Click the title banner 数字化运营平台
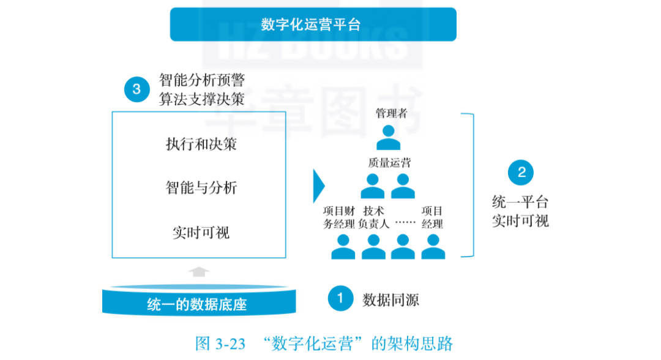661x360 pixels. (313, 24)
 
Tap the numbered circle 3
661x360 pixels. (136, 89)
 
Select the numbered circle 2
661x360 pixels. (521, 173)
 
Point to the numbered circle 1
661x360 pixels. (341, 299)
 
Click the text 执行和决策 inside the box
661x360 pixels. (201, 144)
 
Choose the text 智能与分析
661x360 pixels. (201, 187)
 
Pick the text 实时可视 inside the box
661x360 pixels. (201, 233)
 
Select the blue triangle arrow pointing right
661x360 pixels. (318, 185)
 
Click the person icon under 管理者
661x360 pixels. (388, 138)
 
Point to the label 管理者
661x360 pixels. (388, 114)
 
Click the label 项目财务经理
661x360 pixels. (339, 217)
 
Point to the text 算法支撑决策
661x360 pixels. (202, 99)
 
